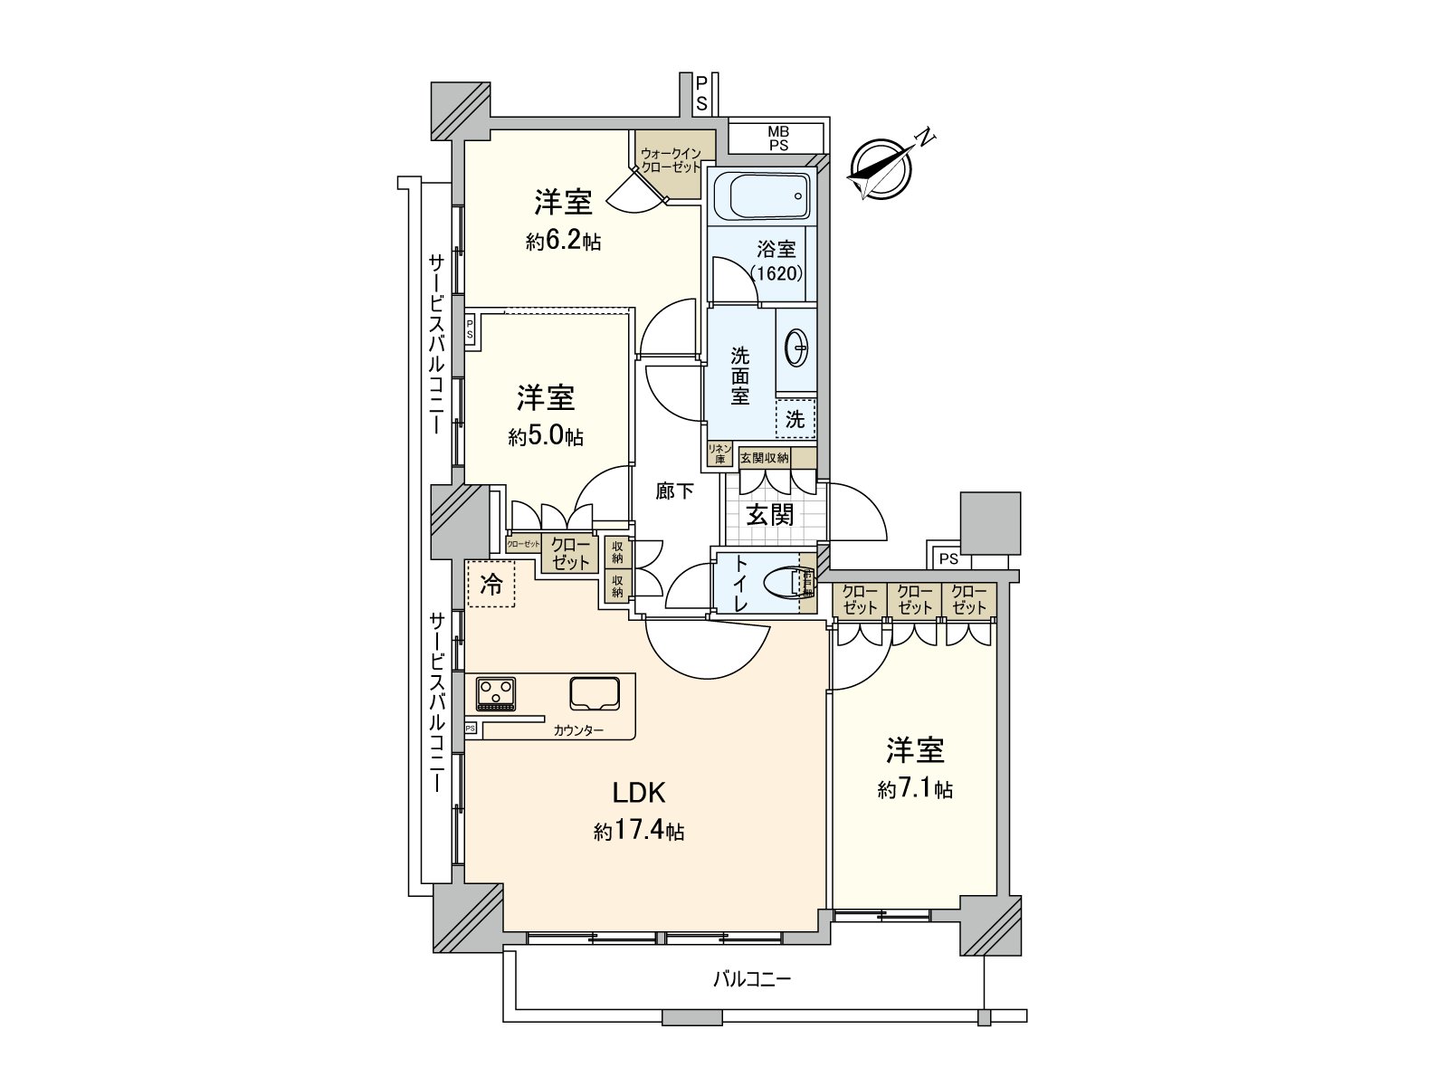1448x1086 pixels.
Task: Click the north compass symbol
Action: (881, 168)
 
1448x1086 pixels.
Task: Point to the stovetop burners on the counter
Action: (496, 694)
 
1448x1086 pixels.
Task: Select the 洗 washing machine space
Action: (795, 419)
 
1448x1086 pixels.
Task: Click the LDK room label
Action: (639, 793)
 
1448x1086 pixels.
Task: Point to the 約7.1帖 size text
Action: (914, 790)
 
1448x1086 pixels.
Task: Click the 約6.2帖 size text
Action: (563, 242)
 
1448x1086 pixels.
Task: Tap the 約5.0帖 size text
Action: (546, 437)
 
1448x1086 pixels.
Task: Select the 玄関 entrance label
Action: (770, 514)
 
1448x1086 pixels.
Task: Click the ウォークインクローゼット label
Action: (671, 160)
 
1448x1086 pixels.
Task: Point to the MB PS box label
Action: (777, 138)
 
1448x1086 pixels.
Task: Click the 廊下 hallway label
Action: (675, 491)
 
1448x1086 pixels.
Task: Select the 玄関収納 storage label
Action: (765, 458)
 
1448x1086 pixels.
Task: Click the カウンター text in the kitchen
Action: (578, 730)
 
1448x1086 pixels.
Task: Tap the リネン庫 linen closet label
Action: (719, 453)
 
